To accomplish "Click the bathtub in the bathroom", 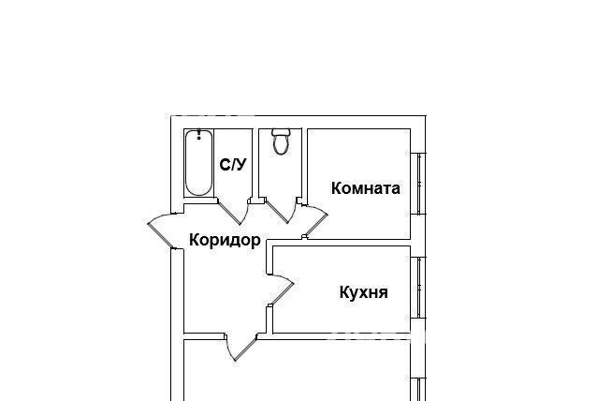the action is click(198, 163).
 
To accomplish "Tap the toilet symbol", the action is click(281, 141).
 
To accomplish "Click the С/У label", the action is click(233, 165).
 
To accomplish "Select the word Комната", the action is click(366, 188).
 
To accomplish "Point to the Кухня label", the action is click(364, 292).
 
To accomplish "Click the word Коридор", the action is click(225, 240).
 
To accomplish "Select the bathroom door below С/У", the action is click(229, 213).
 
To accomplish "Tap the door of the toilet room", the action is click(277, 212).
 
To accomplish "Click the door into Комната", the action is click(316, 225).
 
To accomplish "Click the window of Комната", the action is click(418, 184).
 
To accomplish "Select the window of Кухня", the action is click(418, 288).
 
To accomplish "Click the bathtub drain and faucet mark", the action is click(198, 135).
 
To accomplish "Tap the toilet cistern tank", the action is click(281, 132).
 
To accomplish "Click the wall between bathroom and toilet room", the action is click(255, 163).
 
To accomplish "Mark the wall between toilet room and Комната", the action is click(305, 163).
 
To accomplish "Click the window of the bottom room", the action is click(418, 389).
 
